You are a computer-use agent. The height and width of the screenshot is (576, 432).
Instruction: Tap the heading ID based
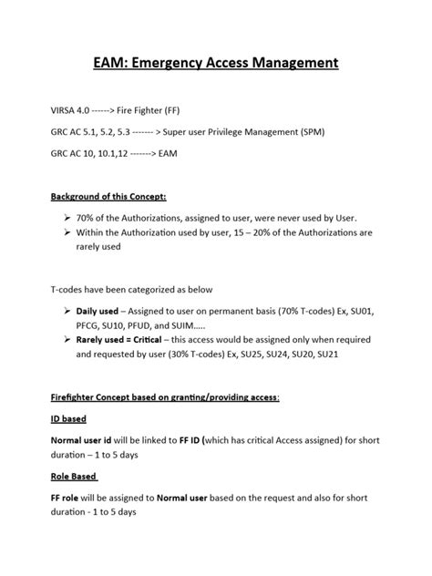[x=69, y=420]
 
